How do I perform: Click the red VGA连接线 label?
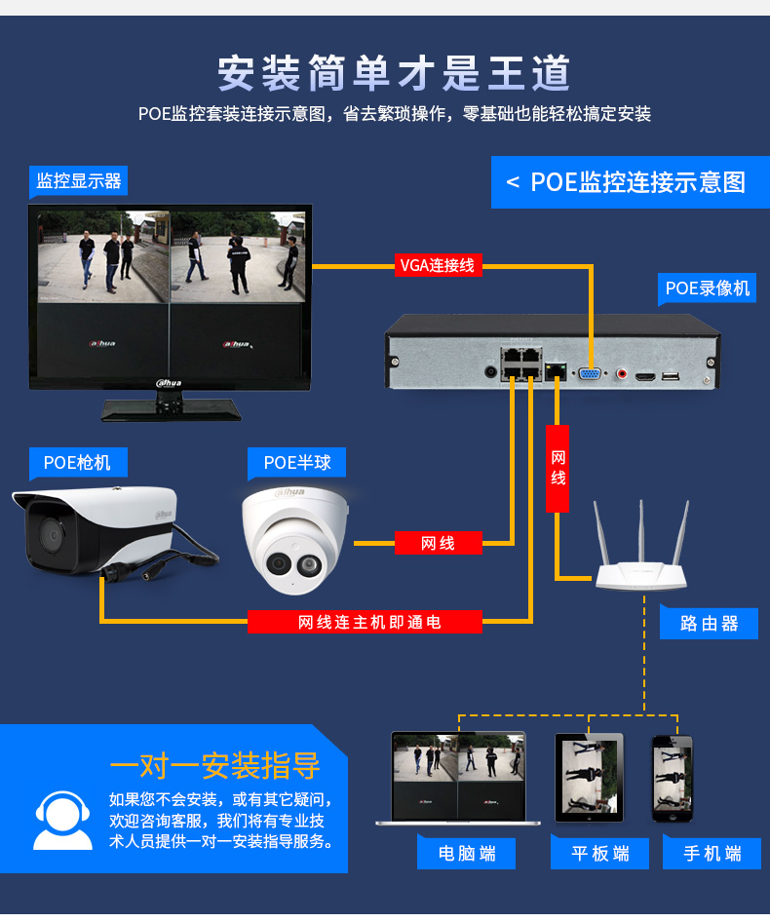[438, 265]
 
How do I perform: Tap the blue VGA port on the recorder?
[590, 374]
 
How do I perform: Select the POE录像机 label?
[707, 288]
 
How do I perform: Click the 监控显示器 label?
[78, 180]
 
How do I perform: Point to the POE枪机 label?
[78, 463]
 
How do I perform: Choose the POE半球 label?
[296, 463]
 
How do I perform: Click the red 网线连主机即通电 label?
[365, 622]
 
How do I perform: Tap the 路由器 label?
[709, 624]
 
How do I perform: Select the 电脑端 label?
[467, 853]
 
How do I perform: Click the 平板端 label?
[600, 853]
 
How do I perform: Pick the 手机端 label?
[712, 853]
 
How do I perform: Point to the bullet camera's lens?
[52, 534]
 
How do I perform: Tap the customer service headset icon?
[62, 821]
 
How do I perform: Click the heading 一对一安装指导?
[214, 765]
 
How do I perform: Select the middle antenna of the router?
[641, 531]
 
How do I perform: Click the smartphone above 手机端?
[673, 779]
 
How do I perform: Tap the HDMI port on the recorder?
[645, 376]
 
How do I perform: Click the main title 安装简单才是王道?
[394, 73]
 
